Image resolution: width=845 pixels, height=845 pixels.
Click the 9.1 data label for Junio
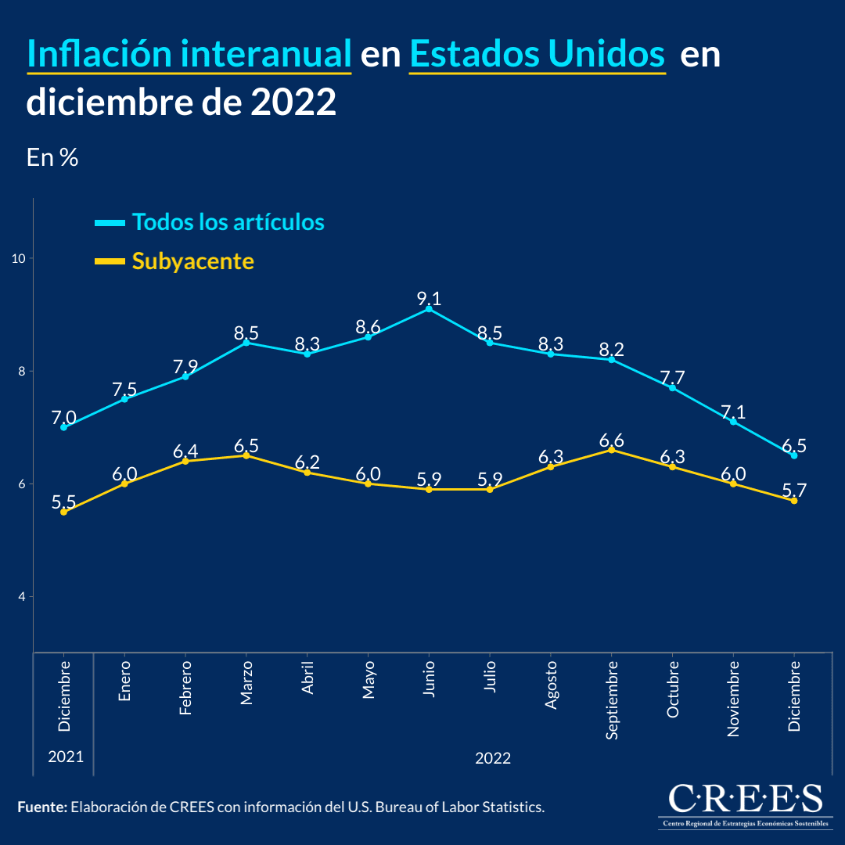pos(429,298)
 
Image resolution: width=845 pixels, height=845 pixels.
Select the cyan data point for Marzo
pos(246,343)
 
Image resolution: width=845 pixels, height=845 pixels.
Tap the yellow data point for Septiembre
pos(612,450)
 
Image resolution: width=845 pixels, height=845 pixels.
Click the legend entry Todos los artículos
pos(228,222)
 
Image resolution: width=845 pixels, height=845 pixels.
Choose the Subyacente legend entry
pos(192,261)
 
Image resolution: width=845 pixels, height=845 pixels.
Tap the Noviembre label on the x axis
pos(733,698)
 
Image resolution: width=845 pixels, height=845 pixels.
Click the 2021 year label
pos(64,757)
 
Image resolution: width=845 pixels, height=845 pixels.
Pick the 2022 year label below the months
pos(493,758)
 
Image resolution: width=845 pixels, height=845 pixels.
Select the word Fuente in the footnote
pos(41,807)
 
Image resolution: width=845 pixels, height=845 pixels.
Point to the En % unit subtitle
pos(52,157)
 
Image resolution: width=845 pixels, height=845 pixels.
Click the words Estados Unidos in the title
pos(537,55)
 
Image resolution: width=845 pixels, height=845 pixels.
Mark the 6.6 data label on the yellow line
pos(612,440)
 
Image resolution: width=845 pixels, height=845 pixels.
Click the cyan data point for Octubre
pos(673,388)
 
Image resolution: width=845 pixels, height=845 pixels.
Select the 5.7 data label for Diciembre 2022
pos(794,491)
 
